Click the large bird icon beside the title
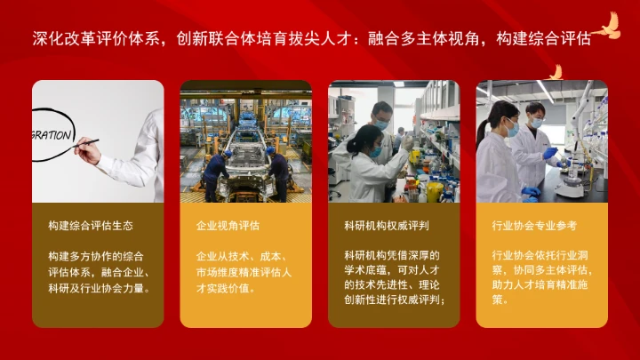click(x=609, y=27)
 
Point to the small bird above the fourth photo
click(x=556, y=73)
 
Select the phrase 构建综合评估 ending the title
click(x=543, y=38)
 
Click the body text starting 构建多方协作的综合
click(x=97, y=271)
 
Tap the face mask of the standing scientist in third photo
click(x=381, y=124)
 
